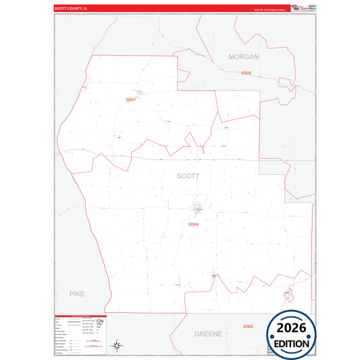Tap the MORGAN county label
[x=243, y=57]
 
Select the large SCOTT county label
[x=188, y=176]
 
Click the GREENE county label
[x=208, y=334]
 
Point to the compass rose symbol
[x=116, y=345]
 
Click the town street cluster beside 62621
[x=139, y=93]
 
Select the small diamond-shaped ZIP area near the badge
[x=289, y=294]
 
